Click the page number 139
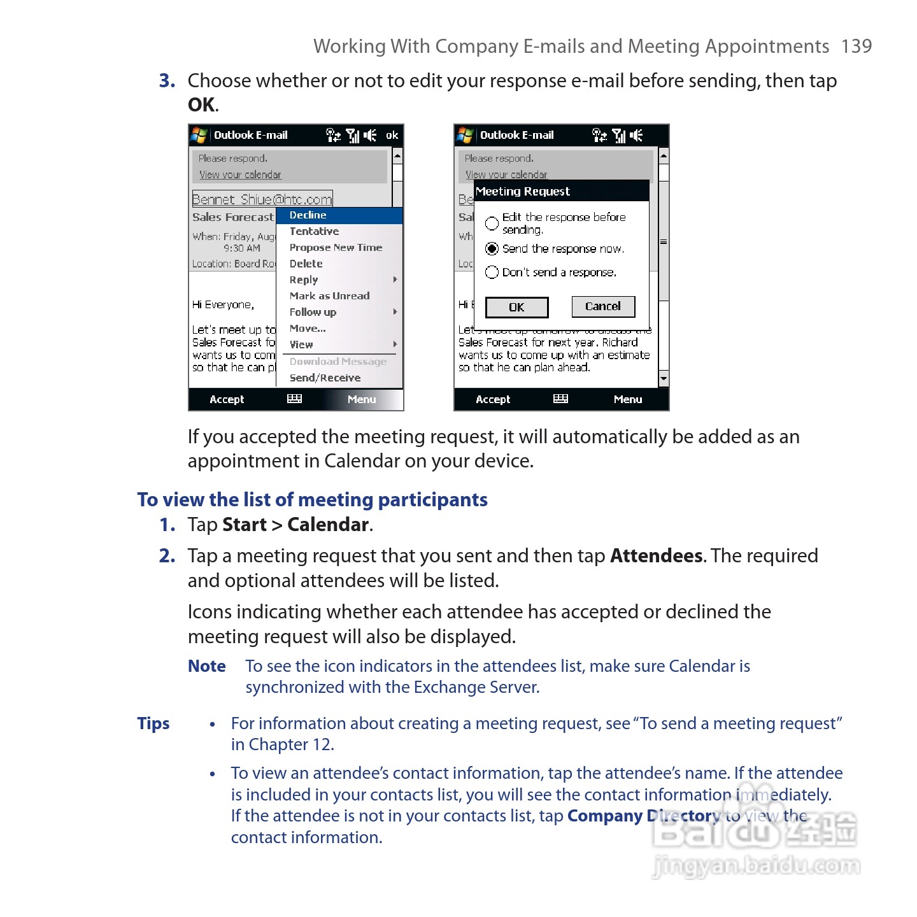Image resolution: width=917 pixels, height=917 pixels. pos(856,46)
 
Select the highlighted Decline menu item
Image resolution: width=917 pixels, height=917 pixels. pos(308,215)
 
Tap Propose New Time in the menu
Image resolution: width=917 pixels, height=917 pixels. pos(336,248)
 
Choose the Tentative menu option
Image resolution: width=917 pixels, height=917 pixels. pos(314,232)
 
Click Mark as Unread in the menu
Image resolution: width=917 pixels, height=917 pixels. pos(329,296)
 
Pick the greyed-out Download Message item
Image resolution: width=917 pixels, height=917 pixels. pos(338,362)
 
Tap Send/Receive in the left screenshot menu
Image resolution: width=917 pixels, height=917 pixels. pos(325,378)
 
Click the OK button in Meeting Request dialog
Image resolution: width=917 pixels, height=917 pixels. pos(516,308)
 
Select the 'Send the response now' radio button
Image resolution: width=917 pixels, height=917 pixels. pos(492,249)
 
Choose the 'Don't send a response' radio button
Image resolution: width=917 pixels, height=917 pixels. pos(492,273)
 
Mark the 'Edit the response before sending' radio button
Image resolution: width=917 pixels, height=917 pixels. pos(492,224)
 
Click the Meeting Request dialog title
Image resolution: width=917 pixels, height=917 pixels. pos(523,192)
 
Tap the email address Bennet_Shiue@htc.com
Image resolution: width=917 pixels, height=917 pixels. pos(262,199)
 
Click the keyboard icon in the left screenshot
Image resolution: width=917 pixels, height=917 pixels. pos(294,399)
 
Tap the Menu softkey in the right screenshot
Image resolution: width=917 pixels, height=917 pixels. pos(627,400)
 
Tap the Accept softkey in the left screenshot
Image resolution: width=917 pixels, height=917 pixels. pos(227,400)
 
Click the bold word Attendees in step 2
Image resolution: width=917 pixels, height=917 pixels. pos(657,556)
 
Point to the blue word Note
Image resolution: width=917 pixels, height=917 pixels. pos(207,666)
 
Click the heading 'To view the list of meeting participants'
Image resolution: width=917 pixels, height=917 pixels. pos(312,500)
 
